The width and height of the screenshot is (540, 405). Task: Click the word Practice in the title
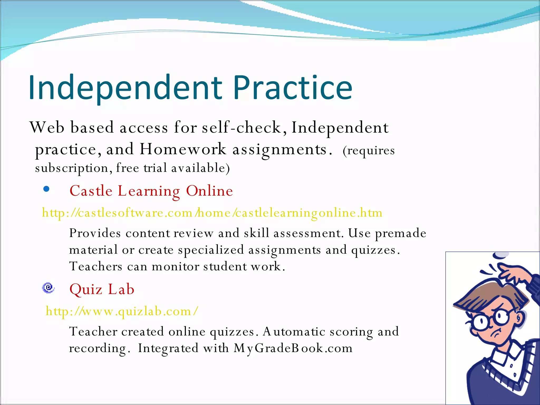tap(293, 88)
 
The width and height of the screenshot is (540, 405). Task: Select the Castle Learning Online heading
tap(151, 191)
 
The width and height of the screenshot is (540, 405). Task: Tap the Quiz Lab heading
tap(102, 289)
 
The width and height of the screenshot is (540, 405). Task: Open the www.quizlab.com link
tap(122, 311)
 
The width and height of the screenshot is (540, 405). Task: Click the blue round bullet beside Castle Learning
tap(46, 189)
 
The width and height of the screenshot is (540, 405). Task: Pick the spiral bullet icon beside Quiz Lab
tap(49, 288)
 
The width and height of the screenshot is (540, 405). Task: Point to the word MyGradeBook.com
tap(293, 348)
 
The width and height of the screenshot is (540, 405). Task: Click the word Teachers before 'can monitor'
tap(96, 266)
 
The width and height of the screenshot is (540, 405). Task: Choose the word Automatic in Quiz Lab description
tap(294, 332)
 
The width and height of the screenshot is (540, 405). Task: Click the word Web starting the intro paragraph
tap(47, 128)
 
